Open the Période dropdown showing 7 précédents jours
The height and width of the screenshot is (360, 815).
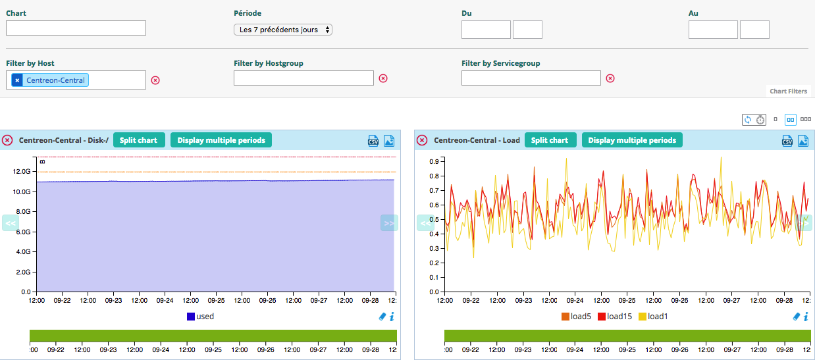283,30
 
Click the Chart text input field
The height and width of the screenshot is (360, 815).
76,28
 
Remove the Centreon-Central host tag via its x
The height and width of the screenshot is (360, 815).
17,80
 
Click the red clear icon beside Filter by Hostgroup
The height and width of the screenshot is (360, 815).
383,78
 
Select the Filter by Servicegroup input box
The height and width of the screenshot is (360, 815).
531,78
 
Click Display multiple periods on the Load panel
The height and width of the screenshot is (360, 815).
632,140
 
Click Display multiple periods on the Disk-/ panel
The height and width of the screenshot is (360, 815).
221,140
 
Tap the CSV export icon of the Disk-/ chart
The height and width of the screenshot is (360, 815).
373,140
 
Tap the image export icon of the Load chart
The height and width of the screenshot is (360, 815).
802,140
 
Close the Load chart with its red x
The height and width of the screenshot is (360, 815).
422,140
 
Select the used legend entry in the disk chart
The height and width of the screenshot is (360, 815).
201,317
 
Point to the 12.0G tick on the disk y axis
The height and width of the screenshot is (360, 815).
22,171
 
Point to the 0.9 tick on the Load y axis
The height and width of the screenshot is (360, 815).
434,161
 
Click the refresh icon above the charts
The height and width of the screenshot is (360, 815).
747,120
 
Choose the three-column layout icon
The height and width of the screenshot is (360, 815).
805,120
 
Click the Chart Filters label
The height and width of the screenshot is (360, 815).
788,91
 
